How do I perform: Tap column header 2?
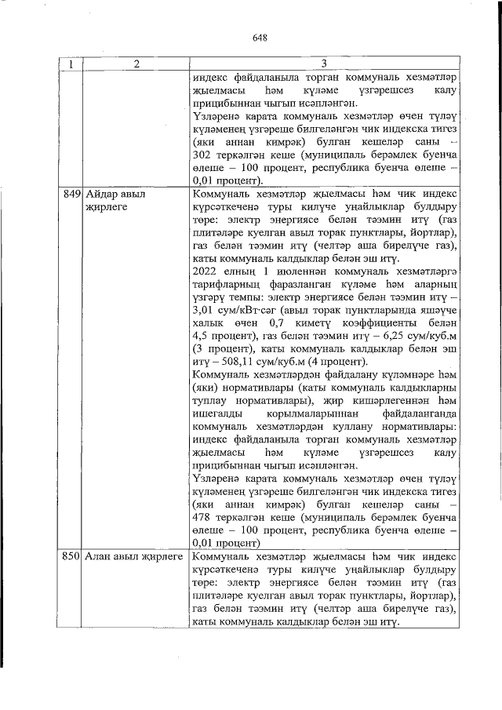pos(135,64)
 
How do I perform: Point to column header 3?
pos(323,64)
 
